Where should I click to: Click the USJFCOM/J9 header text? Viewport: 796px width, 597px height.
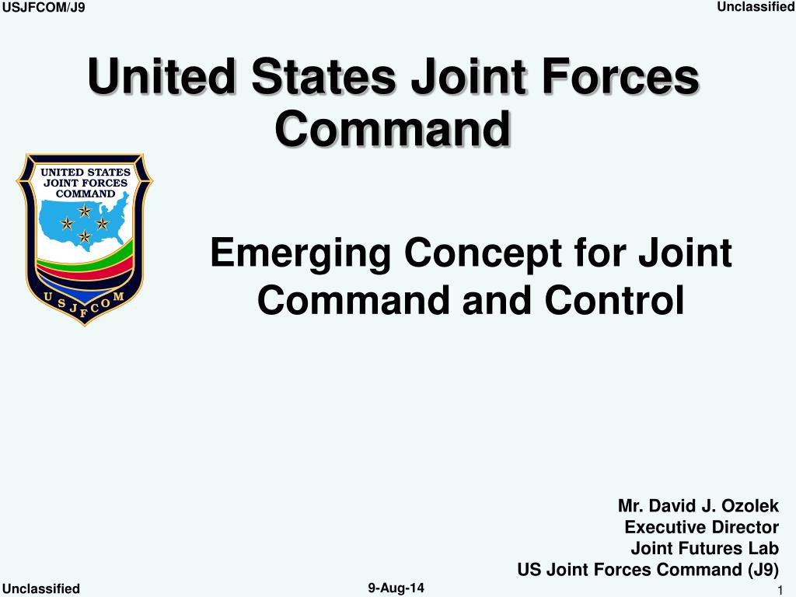pyautogui.click(x=44, y=8)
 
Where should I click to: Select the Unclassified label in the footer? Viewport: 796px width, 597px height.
pyautogui.click(x=41, y=588)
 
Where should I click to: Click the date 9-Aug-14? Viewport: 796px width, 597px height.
pyautogui.click(x=396, y=588)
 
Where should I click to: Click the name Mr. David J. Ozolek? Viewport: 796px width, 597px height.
pyautogui.click(x=698, y=507)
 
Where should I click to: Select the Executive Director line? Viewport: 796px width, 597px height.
pyautogui.click(x=701, y=528)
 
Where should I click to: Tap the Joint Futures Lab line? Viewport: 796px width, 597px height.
pyautogui.click(x=704, y=549)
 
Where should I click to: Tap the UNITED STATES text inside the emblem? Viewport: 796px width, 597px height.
pyautogui.click(x=85, y=172)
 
